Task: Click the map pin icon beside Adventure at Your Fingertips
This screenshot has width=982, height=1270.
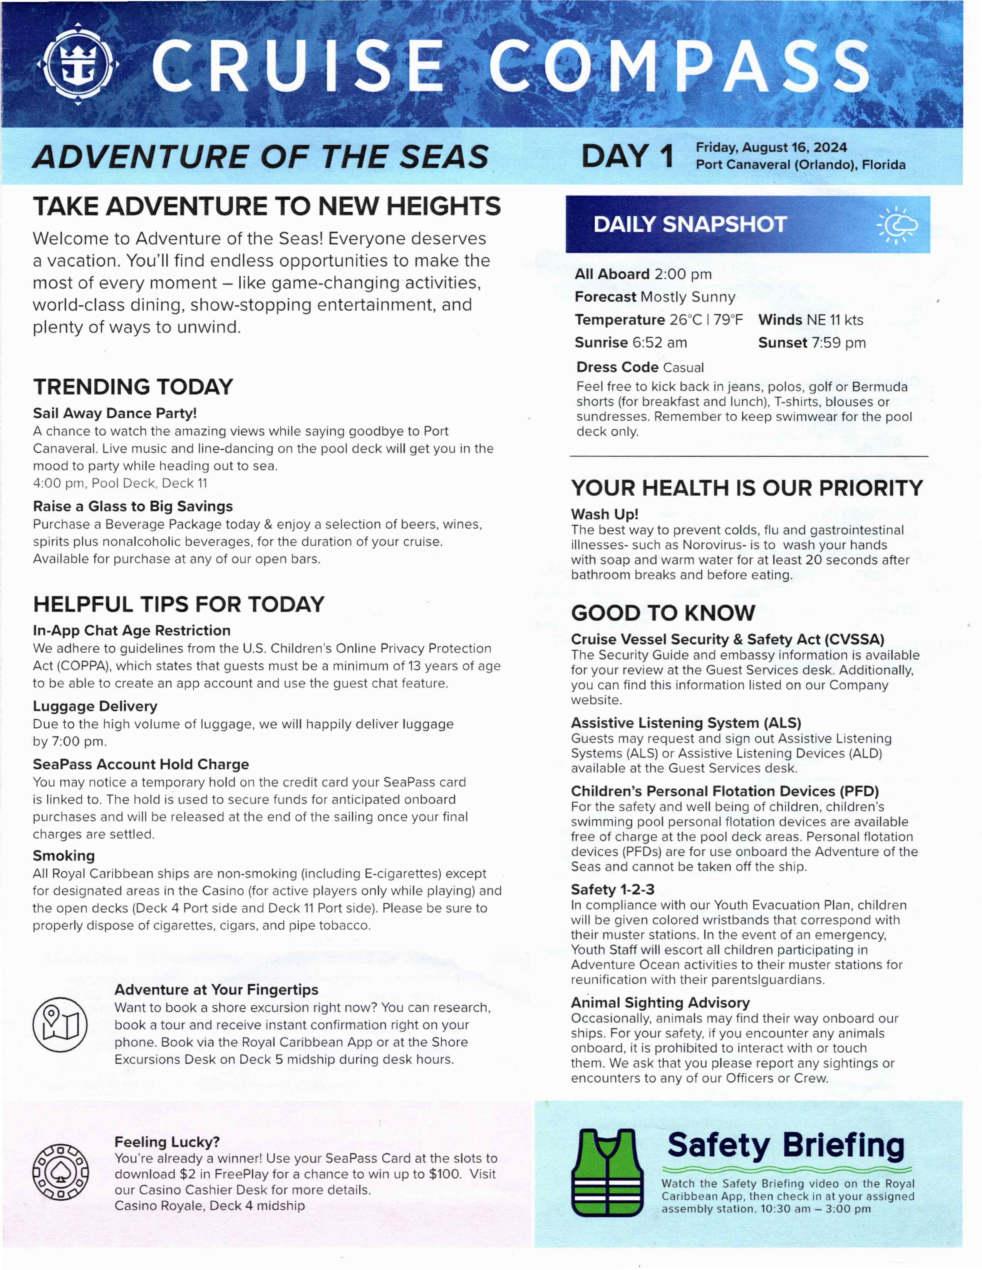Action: click(60, 1024)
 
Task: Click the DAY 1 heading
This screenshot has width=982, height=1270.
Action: click(627, 157)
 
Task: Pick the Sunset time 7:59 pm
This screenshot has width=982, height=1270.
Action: click(838, 343)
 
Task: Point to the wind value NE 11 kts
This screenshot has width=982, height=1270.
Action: click(834, 320)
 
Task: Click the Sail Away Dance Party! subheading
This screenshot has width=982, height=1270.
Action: click(115, 413)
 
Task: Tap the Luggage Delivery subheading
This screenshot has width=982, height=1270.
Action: click(95, 706)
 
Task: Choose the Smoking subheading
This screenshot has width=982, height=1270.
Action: click(64, 856)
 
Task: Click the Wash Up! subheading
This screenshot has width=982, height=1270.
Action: click(605, 514)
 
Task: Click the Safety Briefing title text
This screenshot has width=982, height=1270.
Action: click(785, 1146)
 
